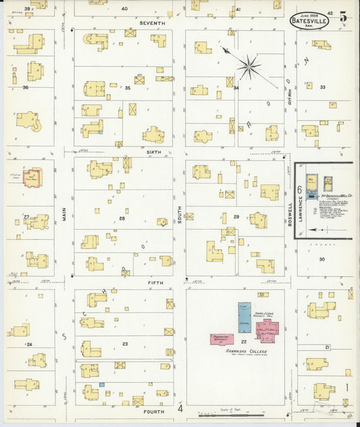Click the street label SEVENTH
151,22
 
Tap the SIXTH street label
153,153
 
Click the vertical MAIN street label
66,215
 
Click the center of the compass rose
249,66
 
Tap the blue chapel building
244,317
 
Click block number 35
127,88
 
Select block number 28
122,218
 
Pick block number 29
236,216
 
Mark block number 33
322,87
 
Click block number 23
125,344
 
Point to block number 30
322,259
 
